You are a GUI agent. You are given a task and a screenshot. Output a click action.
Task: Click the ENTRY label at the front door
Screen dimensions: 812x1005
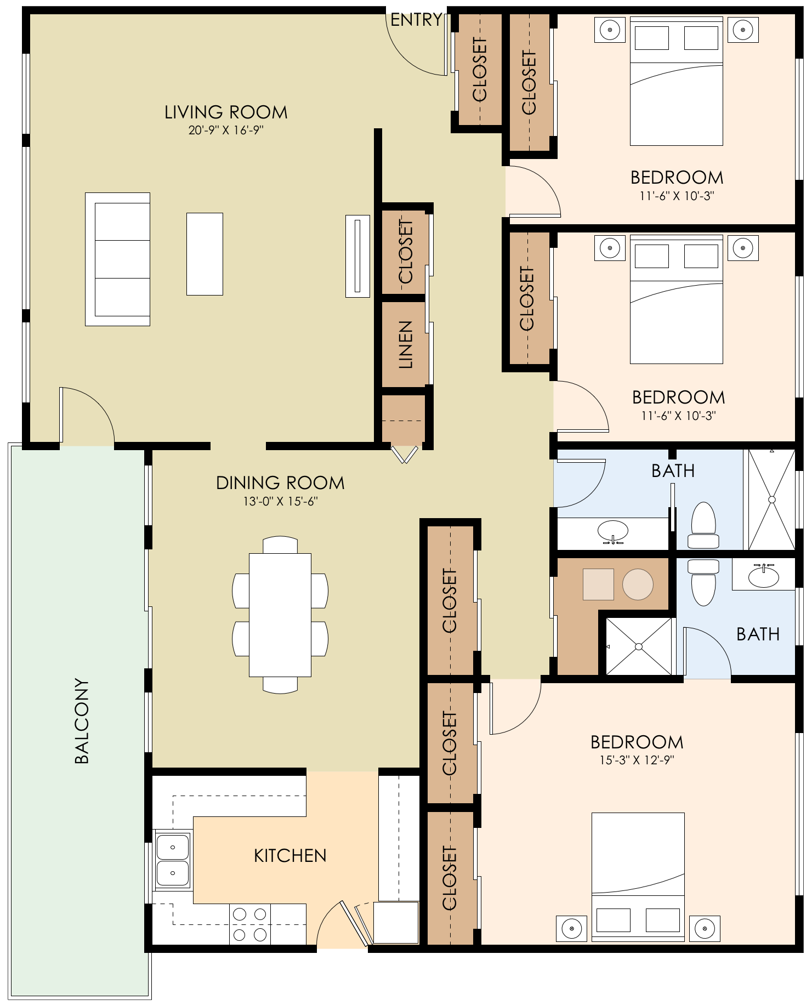[416, 20]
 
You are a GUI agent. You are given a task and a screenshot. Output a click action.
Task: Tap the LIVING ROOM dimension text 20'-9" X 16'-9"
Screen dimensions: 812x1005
[226, 130]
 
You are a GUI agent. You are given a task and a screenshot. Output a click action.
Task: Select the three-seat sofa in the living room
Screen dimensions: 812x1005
[117, 259]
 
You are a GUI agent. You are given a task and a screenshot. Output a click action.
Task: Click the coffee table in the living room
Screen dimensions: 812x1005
[205, 254]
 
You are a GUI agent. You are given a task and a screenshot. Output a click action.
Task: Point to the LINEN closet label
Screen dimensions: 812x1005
[405, 345]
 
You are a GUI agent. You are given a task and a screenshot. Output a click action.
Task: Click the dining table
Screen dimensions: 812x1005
[280, 615]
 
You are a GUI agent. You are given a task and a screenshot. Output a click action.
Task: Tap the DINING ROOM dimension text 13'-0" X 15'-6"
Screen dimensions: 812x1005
[281, 501]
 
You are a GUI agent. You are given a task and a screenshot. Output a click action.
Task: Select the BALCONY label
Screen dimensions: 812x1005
[81, 721]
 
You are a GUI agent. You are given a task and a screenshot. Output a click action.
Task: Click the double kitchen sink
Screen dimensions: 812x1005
[173, 859]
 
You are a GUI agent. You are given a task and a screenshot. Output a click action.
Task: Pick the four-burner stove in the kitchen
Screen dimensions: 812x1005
[250, 924]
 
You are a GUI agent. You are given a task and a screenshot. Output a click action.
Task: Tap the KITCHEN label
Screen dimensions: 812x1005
[290, 856]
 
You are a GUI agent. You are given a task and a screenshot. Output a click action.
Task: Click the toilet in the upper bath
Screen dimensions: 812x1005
[703, 525]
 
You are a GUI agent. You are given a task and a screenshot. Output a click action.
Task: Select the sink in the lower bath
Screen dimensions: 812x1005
[763, 575]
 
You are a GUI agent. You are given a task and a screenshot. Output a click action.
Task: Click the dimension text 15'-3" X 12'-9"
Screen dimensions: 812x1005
[637, 760]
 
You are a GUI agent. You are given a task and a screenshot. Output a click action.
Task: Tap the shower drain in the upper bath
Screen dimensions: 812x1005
[772, 499]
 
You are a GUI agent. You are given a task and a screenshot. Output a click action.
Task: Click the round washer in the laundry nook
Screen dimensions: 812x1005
[638, 584]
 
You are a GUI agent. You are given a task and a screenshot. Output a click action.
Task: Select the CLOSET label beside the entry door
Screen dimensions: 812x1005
[480, 70]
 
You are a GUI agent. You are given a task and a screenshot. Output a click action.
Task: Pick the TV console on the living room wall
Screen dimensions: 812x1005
[357, 256]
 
